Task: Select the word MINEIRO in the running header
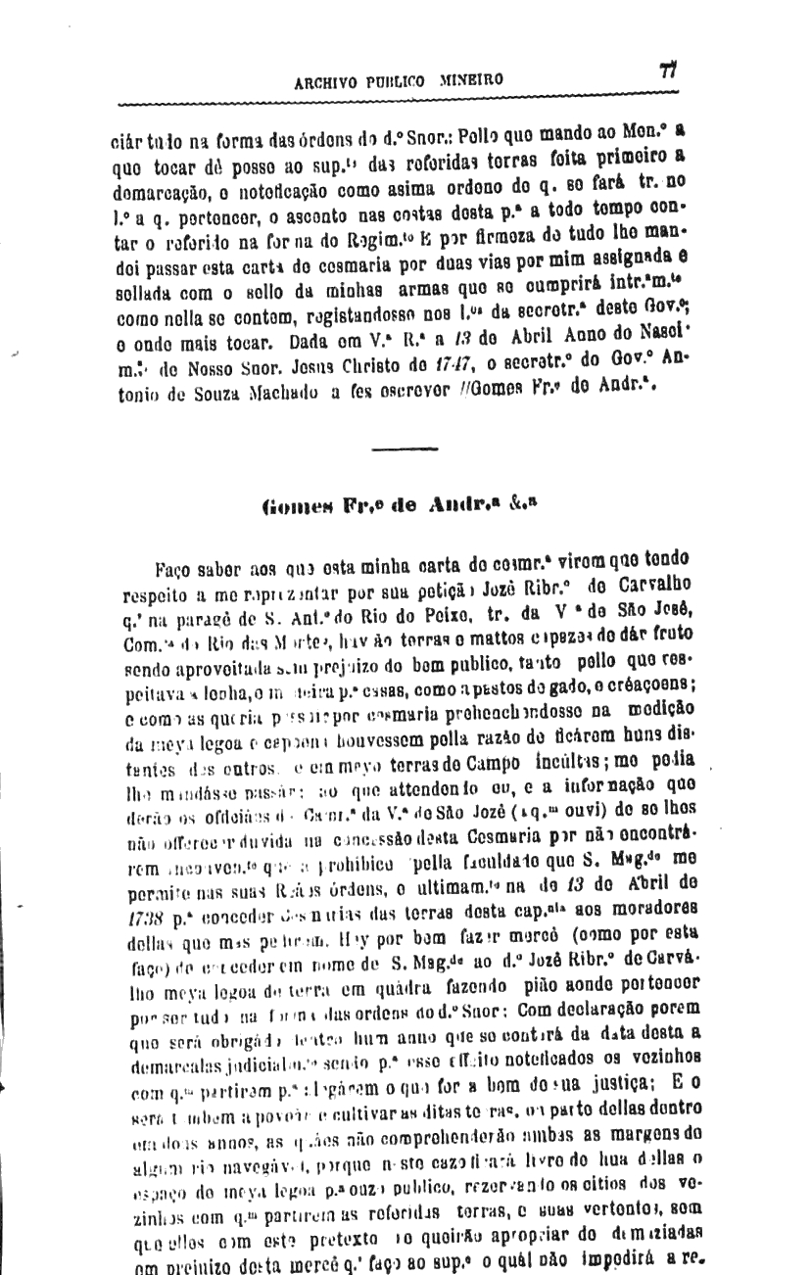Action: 472,80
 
